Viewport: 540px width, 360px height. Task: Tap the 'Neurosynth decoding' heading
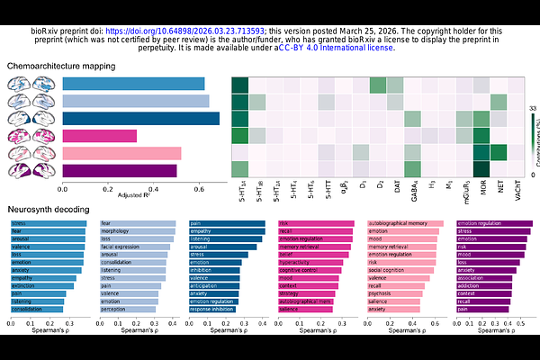(49, 209)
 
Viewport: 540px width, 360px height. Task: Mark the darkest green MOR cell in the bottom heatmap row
(481, 169)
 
